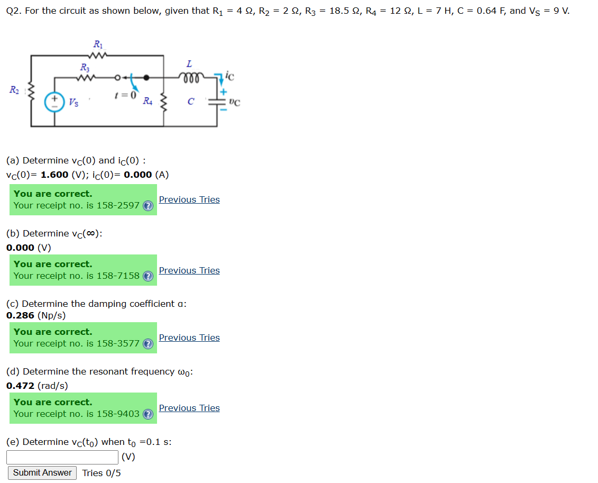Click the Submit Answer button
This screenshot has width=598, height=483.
42,472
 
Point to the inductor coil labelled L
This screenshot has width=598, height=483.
189,76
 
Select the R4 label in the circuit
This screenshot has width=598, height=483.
148,101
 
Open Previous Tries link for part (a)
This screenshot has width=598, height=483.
189,199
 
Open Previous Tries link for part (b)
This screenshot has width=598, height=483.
189,270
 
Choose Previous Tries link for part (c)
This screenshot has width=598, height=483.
189,338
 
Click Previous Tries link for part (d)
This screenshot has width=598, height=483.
189,408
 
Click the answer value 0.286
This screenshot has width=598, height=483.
21,315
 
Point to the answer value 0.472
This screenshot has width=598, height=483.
21,386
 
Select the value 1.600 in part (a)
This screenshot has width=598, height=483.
54,175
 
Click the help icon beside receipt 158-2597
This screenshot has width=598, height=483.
149,206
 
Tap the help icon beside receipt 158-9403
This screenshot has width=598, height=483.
149,414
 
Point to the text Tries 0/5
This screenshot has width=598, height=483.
102,473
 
